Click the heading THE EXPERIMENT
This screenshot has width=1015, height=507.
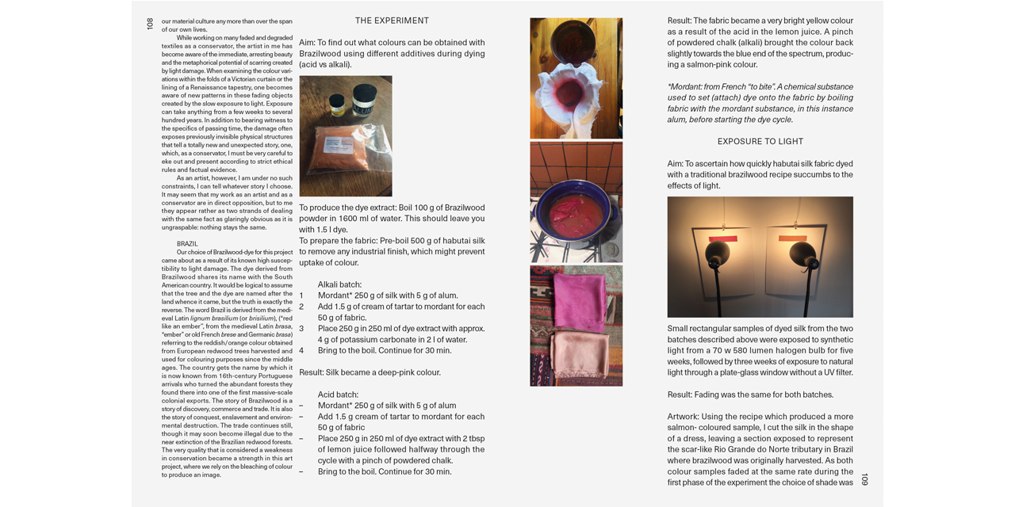pos(392,21)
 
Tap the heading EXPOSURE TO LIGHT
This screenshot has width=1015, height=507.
pos(760,142)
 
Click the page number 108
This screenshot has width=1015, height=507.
pos(150,24)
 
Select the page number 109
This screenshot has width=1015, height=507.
pos(864,479)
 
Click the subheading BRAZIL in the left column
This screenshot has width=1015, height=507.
pos(187,244)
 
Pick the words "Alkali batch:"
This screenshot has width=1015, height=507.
pos(339,285)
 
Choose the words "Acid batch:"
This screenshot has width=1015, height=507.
pos(338,395)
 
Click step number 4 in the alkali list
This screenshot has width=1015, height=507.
pos(301,351)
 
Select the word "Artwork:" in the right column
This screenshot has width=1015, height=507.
pos(684,417)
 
